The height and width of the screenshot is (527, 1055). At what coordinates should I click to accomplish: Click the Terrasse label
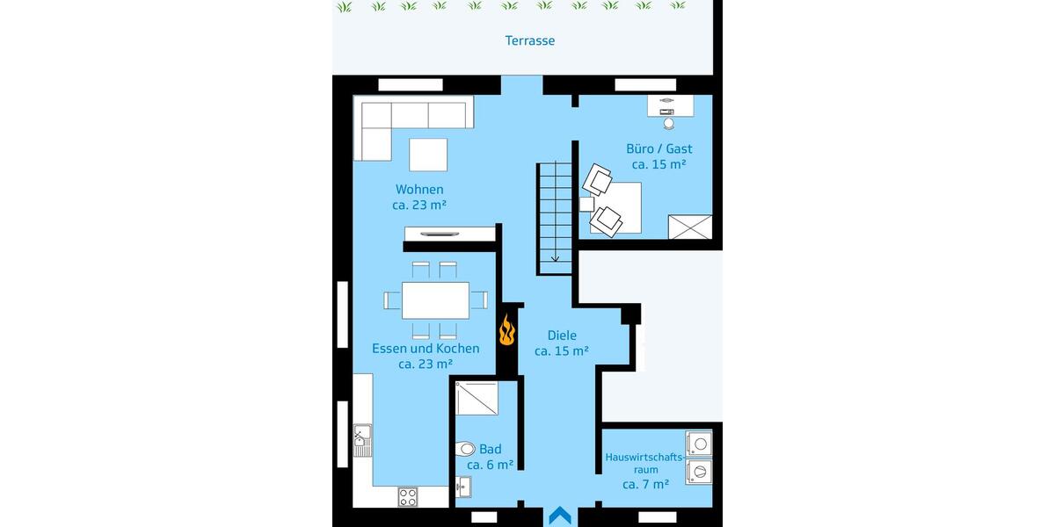pyautogui.click(x=529, y=40)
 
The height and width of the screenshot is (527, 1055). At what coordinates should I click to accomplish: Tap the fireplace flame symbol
pyautogui.click(x=506, y=332)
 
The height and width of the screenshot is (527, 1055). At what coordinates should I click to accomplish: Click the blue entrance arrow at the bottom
pyautogui.click(x=560, y=516)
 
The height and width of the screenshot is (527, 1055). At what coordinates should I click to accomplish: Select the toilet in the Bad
pyautogui.click(x=465, y=449)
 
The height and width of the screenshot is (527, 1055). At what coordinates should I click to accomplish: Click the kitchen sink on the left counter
pyautogui.click(x=362, y=440)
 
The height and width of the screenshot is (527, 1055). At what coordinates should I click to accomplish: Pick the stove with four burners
pyautogui.click(x=408, y=496)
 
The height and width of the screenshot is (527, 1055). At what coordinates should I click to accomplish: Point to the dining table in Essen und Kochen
pyautogui.click(x=435, y=300)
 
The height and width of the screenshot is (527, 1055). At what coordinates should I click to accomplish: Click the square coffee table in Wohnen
pyautogui.click(x=428, y=155)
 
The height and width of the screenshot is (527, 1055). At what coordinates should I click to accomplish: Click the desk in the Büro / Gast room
pyautogui.click(x=670, y=105)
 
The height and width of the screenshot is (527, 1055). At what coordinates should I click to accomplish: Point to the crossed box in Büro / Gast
pyautogui.click(x=689, y=227)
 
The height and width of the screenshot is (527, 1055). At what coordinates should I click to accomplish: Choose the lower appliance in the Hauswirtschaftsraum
pyautogui.click(x=700, y=473)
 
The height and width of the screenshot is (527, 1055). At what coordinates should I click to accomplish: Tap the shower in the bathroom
pyautogui.click(x=477, y=398)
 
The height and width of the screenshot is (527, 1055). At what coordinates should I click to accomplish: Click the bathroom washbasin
pyautogui.click(x=463, y=486)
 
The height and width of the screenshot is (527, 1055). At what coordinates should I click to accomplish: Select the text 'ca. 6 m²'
pyautogui.click(x=490, y=465)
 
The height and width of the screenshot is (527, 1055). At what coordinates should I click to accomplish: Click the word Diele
pyautogui.click(x=561, y=335)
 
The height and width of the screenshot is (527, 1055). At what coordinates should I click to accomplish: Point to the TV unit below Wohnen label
pyautogui.click(x=449, y=233)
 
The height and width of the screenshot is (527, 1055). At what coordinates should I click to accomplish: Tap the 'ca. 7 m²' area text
pyautogui.click(x=645, y=484)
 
